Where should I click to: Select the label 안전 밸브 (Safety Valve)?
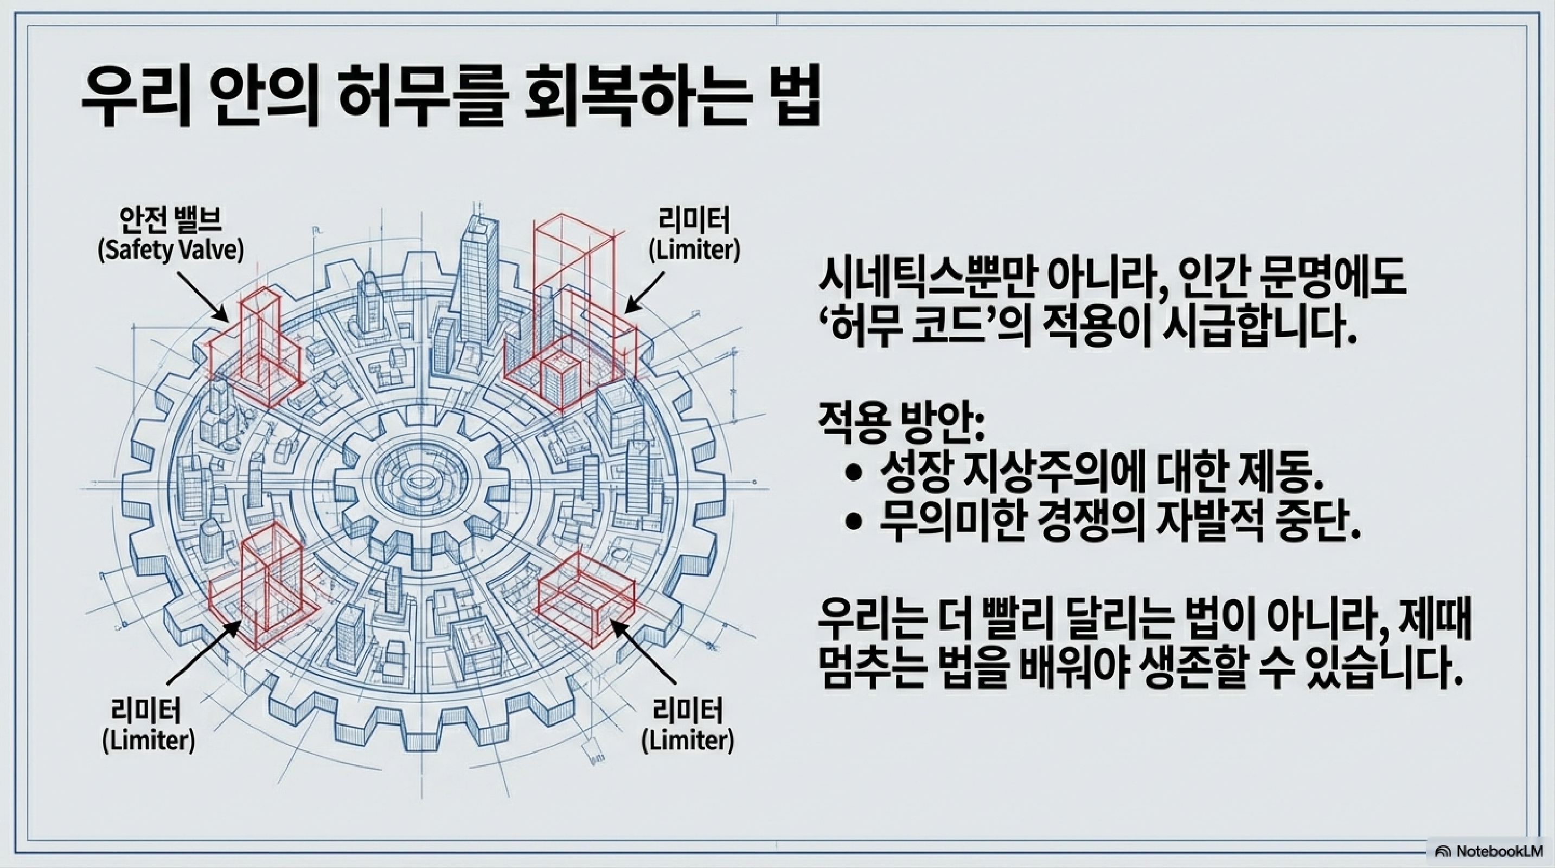171,235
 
